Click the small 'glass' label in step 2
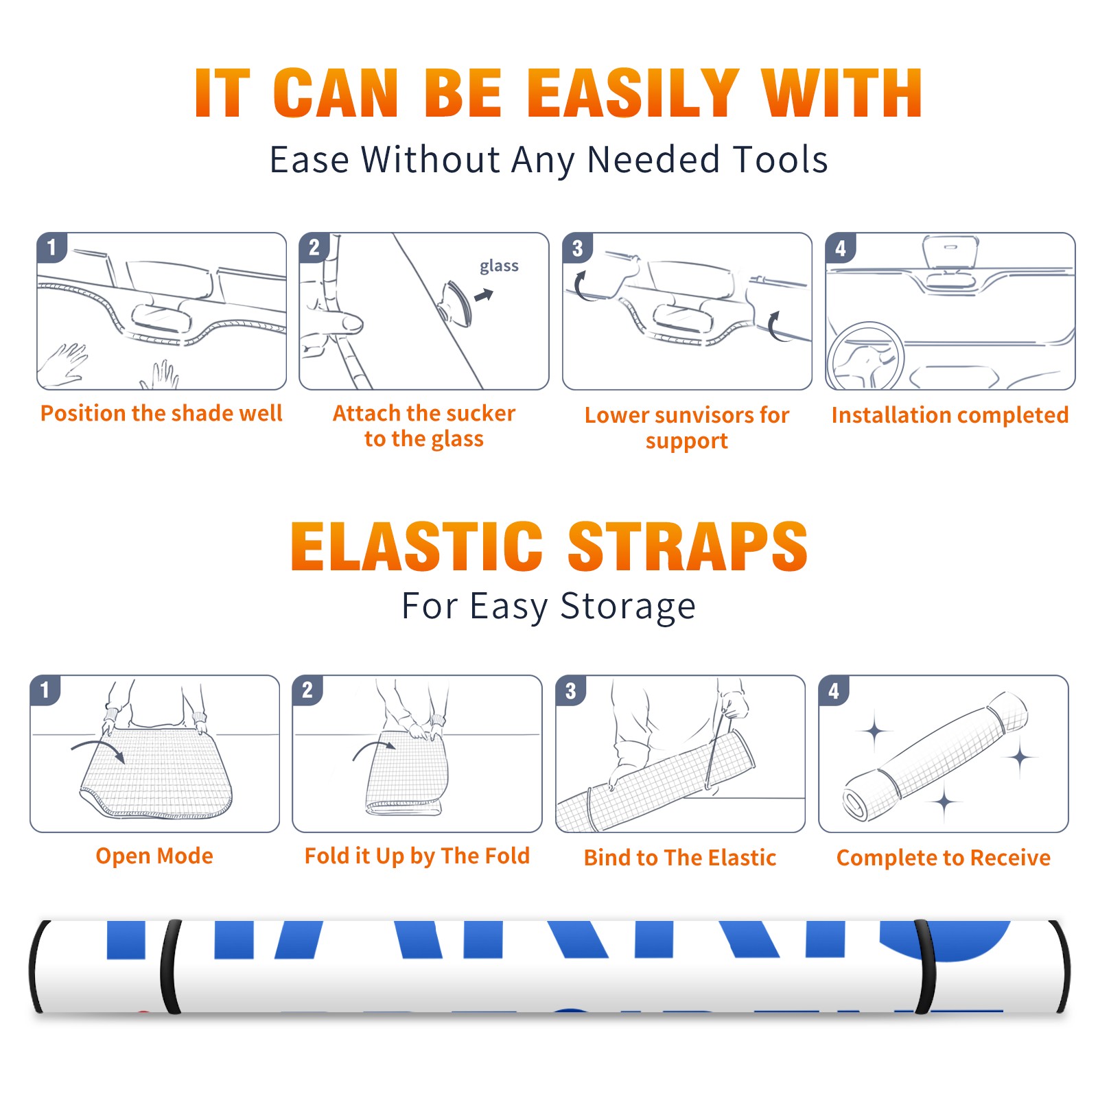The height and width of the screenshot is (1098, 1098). (499, 266)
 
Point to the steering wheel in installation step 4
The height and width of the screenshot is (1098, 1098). (866, 356)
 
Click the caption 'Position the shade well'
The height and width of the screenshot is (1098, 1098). (161, 413)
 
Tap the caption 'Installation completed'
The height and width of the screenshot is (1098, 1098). (950, 415)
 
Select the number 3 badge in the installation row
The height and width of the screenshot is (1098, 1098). (577, 248)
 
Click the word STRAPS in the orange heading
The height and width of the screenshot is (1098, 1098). (688, 546)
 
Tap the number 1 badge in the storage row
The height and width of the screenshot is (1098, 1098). (45, 690)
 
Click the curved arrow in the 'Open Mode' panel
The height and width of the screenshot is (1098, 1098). (98, 749)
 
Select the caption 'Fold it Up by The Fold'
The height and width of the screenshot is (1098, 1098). (417, 856)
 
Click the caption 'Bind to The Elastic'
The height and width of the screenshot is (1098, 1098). (680, 858)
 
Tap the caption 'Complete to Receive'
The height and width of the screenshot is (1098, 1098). (944, 858)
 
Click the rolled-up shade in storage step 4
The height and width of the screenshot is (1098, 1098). (935, 757)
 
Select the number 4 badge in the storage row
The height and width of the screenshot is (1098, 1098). (834, 690)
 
